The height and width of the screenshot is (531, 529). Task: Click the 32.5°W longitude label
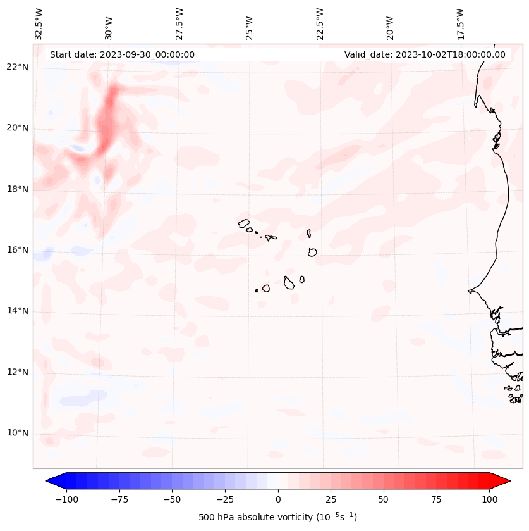click(x=39, y=24)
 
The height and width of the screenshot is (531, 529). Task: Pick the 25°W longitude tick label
click(x=250, y=24)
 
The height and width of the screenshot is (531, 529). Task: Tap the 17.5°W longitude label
click(x=460, y=24)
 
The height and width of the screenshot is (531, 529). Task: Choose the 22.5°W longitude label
click(x=320, y=24)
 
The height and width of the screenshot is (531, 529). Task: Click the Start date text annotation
click(x=122, y=54)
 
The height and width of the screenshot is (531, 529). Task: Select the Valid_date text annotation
click(x=425, y=54)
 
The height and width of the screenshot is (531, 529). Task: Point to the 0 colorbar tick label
click(x=278, y=499)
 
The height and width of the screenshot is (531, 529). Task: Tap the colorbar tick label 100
click(x=489, y=499)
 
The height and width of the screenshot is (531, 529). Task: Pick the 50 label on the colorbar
click(x=383, y=499)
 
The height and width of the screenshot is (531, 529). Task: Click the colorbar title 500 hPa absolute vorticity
click(x=278, y=517)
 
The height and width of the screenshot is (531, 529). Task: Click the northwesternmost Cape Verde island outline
click(x=244, y=223)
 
